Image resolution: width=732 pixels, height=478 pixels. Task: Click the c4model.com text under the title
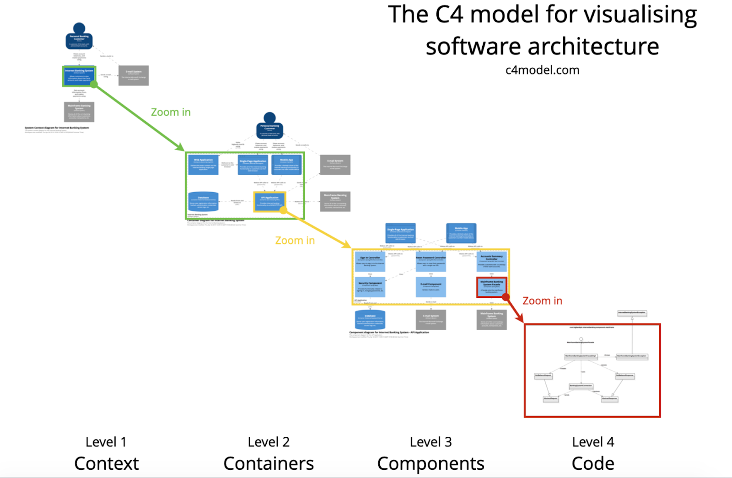542,70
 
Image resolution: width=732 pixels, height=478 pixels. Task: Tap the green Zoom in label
171,112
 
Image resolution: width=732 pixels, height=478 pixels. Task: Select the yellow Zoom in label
295,240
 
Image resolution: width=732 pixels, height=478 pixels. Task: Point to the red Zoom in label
542,301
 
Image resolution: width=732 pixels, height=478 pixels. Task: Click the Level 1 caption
106,442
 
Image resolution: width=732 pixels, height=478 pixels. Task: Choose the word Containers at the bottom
269,463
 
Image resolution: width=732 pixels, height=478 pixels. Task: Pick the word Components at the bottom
431,463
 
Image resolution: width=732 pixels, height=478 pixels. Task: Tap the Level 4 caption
593,442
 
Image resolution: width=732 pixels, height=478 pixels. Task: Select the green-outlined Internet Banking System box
79,76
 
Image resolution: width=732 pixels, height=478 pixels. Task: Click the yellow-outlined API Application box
269,201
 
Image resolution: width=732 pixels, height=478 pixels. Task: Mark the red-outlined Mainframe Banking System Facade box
491,287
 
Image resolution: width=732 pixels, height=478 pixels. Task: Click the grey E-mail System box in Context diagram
134,75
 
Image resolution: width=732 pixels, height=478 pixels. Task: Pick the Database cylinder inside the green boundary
203,201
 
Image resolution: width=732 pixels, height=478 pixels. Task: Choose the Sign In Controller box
370,261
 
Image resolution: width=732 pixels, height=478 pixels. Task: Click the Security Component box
370,287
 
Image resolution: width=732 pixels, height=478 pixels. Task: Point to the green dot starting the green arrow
94,84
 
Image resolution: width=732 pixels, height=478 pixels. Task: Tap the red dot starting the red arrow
506,297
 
